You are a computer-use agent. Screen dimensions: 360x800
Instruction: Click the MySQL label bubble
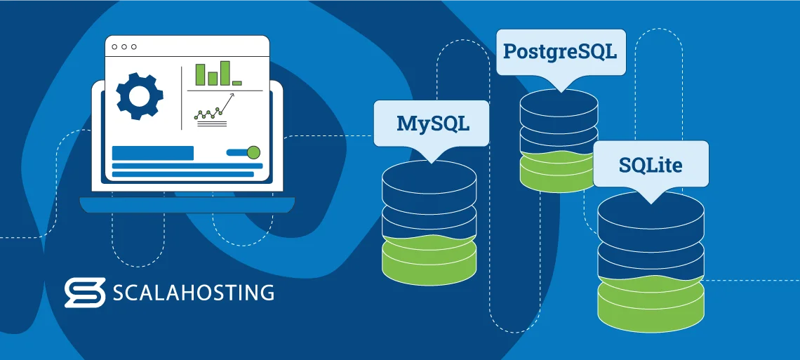pos(431,124)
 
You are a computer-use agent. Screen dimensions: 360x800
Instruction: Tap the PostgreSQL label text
pos(559,51)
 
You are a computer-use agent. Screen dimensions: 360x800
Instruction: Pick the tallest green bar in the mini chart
pos(225,73)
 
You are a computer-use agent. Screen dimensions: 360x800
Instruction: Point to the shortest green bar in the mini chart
pos(237,83)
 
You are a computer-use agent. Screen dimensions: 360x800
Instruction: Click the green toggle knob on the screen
pos(253,152)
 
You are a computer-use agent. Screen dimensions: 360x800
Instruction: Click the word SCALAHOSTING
pos(194,293)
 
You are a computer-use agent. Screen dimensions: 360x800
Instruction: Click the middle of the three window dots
pos(124,47)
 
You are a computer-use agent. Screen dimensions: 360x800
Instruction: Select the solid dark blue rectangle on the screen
pos(152,153)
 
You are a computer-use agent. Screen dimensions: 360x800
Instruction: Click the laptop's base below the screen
pos(187,205)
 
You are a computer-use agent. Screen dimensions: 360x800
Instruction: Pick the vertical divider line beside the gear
pos(182,98)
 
